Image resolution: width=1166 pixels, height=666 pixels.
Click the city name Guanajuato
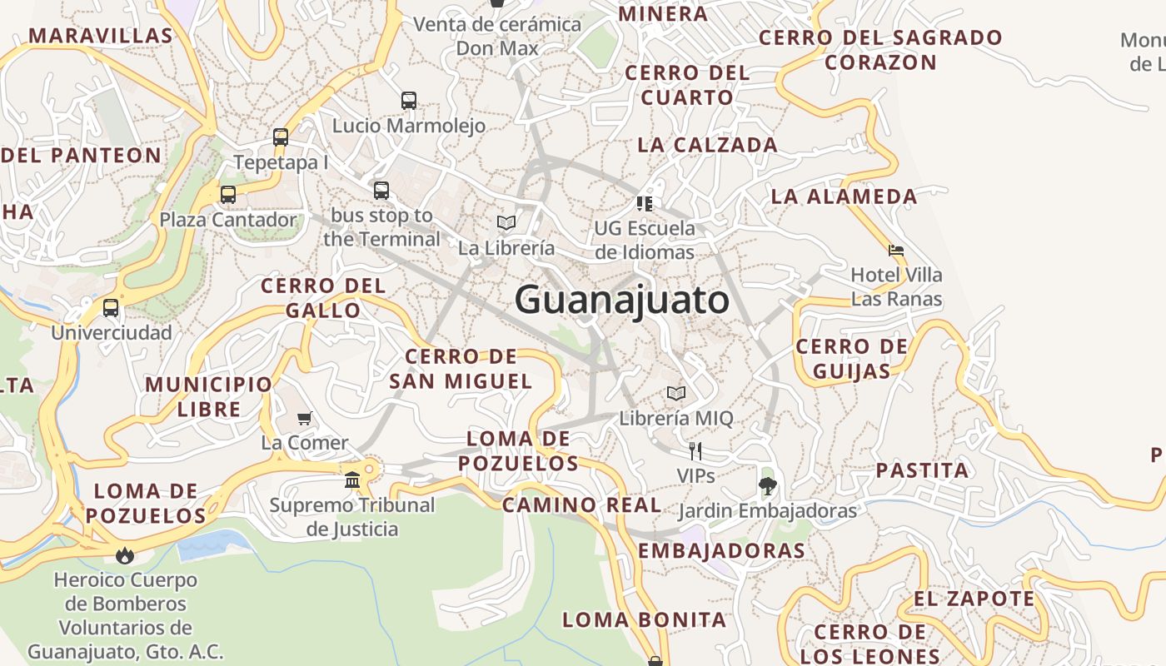pos(621,300)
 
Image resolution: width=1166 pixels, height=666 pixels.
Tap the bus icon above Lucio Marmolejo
pos(409,101)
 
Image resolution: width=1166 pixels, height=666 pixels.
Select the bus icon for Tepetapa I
pos(281,137)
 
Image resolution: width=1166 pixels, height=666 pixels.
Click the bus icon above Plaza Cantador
pos(227,195)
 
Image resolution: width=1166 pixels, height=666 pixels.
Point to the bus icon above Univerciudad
pos(111,308)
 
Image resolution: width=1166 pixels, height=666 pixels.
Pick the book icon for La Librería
pos(506,223)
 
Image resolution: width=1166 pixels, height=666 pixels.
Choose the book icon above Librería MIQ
pos(676,393)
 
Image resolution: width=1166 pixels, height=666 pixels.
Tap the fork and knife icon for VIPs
pos(695,451)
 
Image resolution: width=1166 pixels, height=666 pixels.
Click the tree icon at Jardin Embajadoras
pos(767,486)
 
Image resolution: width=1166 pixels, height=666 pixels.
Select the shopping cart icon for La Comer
pos(305,418)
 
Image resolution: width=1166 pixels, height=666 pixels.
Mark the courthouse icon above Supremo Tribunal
pos(352,480)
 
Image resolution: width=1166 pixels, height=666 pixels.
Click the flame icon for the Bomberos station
pos(125,554)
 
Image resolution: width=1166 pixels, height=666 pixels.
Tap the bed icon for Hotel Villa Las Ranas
pos(896,250)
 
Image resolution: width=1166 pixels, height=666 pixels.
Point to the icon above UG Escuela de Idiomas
pos(644,203)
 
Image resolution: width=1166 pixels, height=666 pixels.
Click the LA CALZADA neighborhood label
pos(707,145)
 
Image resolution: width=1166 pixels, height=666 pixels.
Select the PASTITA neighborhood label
pos(922,470)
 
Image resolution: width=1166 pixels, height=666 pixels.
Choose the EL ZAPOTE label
pos(974,599)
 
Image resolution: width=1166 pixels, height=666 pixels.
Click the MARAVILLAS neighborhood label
pos(101,36)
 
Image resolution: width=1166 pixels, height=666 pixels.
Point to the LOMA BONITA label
pos(644,619)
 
